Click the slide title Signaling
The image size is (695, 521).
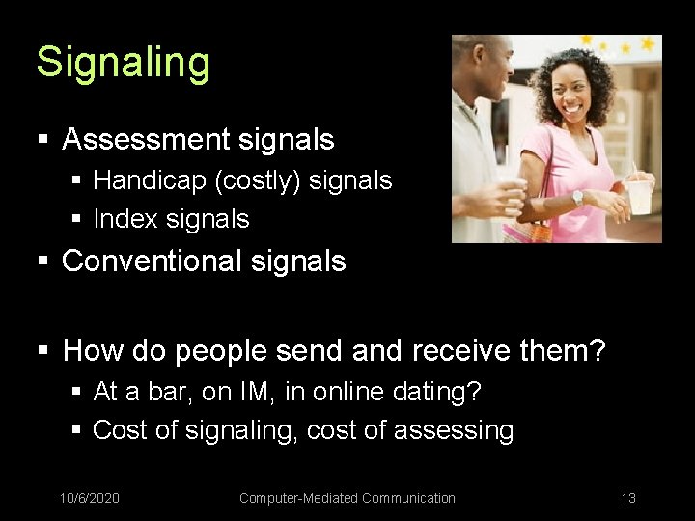123,63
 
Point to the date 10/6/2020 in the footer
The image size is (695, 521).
90,498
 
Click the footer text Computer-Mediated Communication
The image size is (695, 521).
347,498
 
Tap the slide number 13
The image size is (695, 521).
628,498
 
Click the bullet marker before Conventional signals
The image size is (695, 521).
42,261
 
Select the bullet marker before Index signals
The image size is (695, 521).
77,220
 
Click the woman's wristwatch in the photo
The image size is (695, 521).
577,197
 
